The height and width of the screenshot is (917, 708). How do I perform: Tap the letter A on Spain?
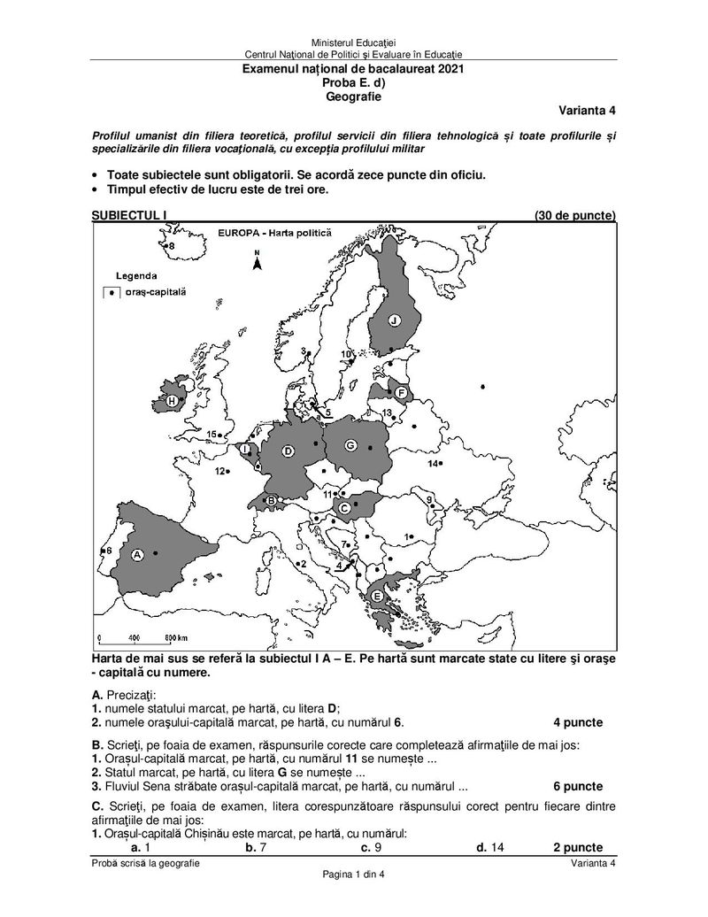click(x=137, y=554)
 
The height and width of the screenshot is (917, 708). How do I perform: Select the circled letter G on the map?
click(x=350, y=444)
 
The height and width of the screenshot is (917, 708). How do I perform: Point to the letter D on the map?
click(x=288, y=451)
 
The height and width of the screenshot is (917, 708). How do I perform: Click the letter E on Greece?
click(x=377, y=597)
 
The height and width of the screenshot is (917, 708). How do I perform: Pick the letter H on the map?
click(x=171, y=401)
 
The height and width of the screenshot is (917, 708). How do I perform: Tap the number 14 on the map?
click(x=434, y=464)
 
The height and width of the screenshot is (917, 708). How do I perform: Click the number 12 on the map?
click(x=219, y=472)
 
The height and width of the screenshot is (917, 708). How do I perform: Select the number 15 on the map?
click(x=211, y=434)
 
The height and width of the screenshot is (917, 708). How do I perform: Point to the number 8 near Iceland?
click(x=172, y=245)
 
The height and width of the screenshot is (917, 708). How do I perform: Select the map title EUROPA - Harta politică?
click(x=273, y=233)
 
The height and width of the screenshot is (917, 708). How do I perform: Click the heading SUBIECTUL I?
click(x=129, y=215)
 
